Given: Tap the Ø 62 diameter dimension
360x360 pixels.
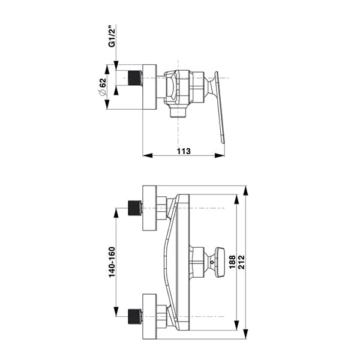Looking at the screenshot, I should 103,86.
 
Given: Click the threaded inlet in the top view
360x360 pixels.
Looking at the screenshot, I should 135,79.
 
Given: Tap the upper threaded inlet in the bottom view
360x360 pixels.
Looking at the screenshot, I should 136,209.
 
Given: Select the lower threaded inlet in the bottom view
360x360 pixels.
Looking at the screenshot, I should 136,316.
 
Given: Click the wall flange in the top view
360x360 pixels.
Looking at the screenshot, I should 149,87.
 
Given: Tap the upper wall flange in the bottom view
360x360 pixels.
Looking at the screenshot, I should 149,208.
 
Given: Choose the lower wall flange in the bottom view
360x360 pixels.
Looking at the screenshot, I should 149,316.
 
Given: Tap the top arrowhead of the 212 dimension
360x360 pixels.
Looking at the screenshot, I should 246,190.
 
